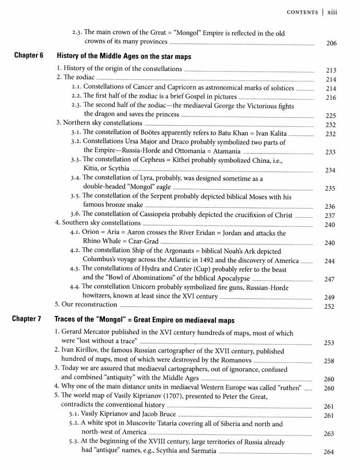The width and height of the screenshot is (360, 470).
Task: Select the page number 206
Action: click(x=331, y=43)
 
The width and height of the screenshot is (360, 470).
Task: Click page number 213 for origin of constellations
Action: click(x=331, y=70)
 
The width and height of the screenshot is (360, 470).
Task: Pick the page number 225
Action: click(x=331, y=115)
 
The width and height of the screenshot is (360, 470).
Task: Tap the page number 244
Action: click(x=331, y=261)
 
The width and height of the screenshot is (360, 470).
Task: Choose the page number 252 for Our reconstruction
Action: click(x=331, y=306)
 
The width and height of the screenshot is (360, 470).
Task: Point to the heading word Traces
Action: click(x=68, y=320)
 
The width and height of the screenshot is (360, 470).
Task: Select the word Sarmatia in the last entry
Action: click(x=199, y=451)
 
